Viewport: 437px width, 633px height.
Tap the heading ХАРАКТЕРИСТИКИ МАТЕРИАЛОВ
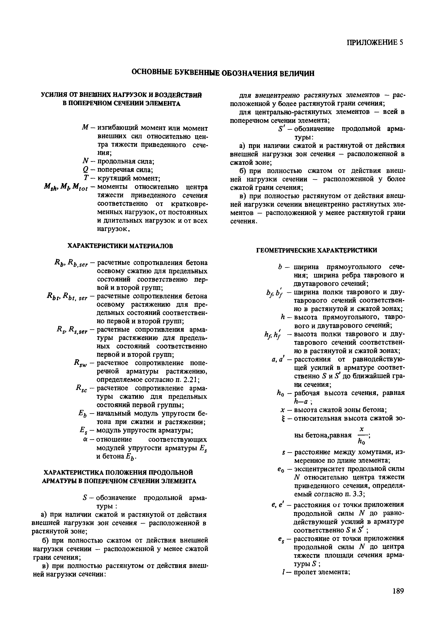(x=120, y=246)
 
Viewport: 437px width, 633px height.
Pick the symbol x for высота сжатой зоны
(x=282, y=410)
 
